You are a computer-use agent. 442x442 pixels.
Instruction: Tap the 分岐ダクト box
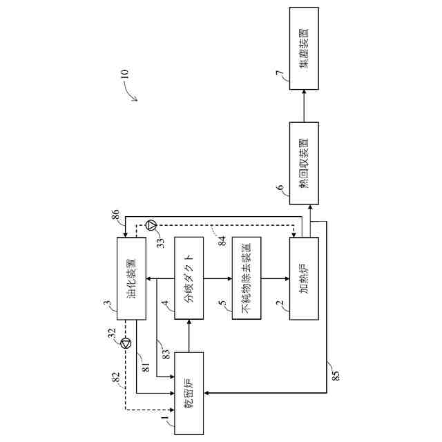pyautogui.click(x=190, y=278)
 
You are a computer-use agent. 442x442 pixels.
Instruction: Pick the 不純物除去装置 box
pyautogui.click(x=247, y=278)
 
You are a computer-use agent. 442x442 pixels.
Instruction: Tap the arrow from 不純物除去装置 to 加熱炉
pyautogui.click(x=275, y=278)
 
